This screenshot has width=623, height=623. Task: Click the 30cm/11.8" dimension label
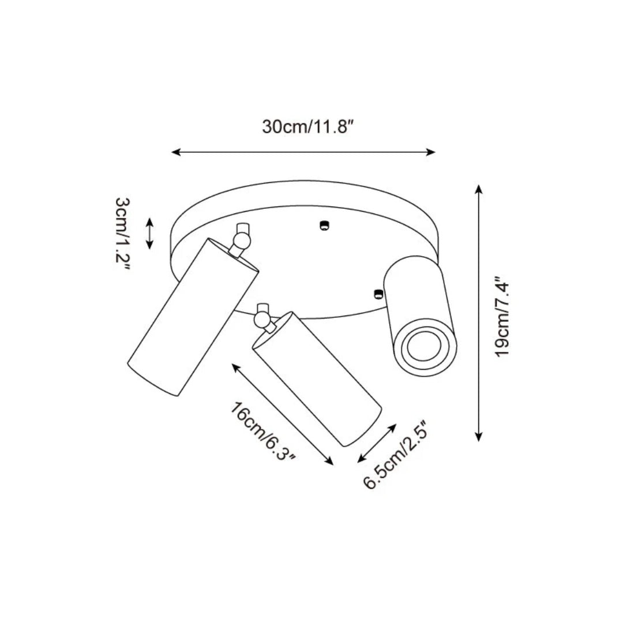(x=307, y=127)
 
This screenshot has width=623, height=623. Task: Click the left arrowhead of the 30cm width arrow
(x=177, y=152)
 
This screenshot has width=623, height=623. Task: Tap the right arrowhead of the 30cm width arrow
(x=430, y=152)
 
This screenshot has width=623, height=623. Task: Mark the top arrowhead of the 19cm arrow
(x=479, y=190)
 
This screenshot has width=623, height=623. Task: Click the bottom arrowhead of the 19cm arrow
(x=479, y=436)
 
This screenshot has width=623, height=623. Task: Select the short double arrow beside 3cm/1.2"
(x=149, y=233)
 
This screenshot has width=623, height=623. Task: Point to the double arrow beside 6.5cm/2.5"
(x=377, y=444)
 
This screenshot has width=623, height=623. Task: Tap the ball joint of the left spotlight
(x=241, y=241)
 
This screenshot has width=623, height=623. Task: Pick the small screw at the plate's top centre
(x=324, y=226)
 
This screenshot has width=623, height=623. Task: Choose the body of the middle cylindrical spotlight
(x=317, y=380)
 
